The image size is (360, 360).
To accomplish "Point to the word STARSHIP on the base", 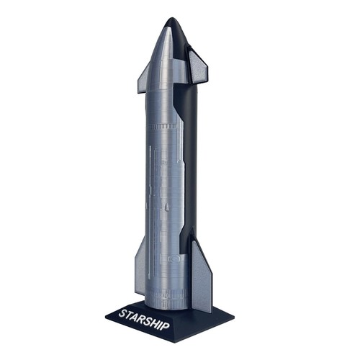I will [144, 320].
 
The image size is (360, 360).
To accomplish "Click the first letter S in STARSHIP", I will [122, 312].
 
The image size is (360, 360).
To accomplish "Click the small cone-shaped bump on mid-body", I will [166, 209].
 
